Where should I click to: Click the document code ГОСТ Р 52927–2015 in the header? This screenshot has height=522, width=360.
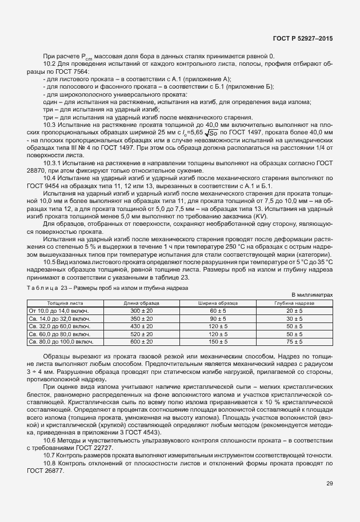[x=302, y=38]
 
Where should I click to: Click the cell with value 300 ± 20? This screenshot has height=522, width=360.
[x=141, y=310]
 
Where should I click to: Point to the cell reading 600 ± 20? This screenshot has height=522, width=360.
[x=141, y=341]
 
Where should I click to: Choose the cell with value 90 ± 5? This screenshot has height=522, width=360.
[x=218, y=318]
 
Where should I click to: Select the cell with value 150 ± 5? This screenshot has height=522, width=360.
[x=218, y=341]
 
